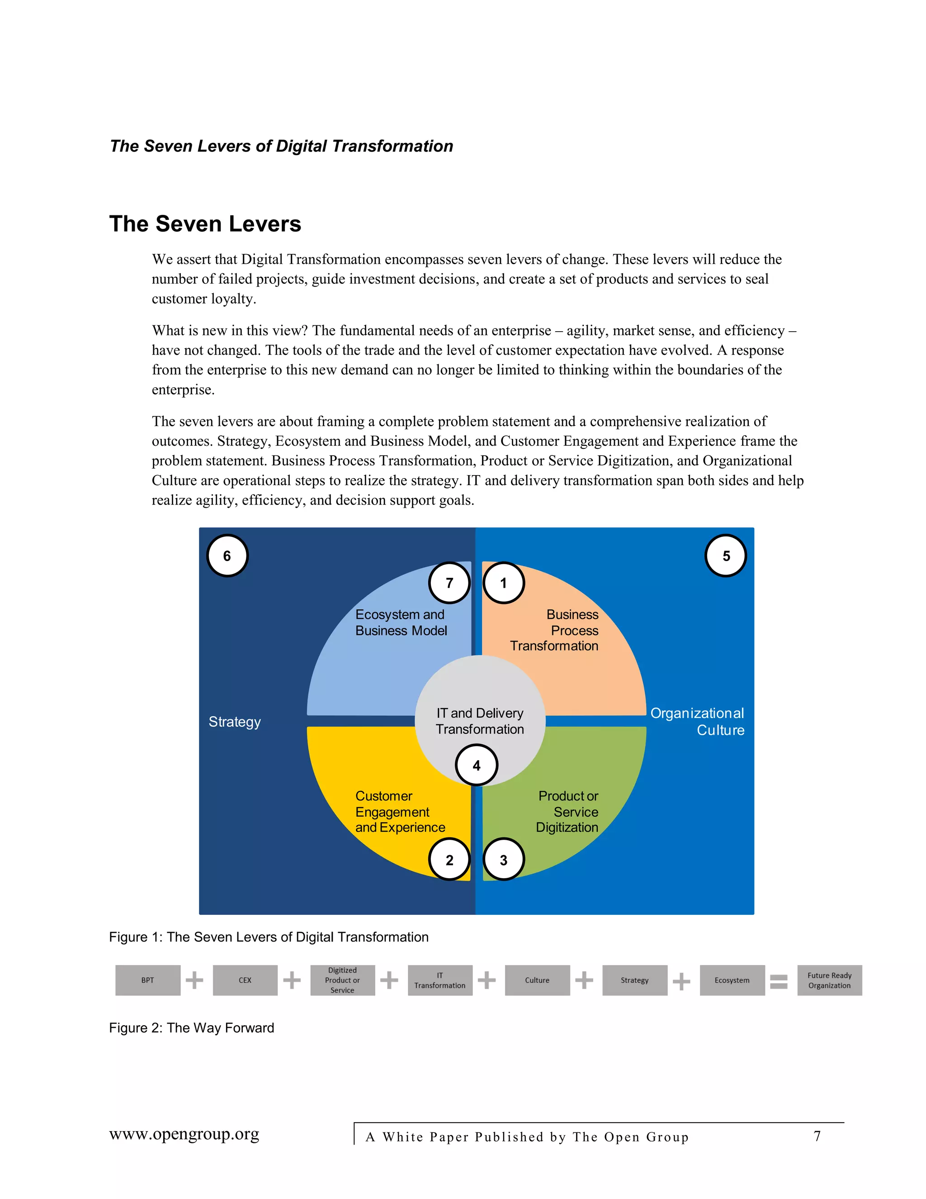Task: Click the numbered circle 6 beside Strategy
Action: click(227, 556)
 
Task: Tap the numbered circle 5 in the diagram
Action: click(725, 556)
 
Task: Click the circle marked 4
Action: click(476, 765)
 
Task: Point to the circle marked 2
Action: click(449, 860)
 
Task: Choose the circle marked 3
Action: click(503, 860)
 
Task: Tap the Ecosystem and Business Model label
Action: click(401, 623)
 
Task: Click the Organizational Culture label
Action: click(697, 721)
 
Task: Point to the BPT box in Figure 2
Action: click(147, 980)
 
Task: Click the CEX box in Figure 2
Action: click(245, 980)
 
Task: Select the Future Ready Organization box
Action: click(829, 980)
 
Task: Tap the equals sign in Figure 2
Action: click(779, 981)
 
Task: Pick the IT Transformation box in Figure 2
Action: click(439, 980)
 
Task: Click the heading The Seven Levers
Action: click(205, 224)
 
